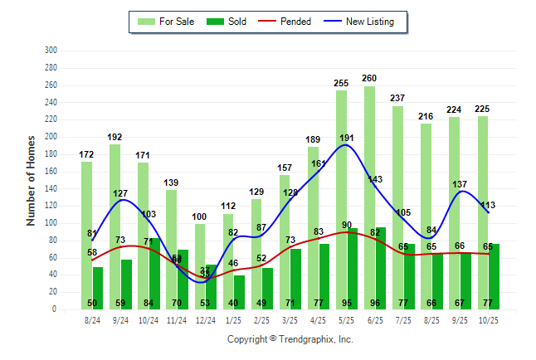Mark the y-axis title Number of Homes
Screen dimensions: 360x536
32,180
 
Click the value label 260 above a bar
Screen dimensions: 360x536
369,79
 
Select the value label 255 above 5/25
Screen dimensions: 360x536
341,83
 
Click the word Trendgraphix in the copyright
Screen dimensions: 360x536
306,339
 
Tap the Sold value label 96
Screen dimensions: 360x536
380,304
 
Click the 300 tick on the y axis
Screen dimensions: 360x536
51,51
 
